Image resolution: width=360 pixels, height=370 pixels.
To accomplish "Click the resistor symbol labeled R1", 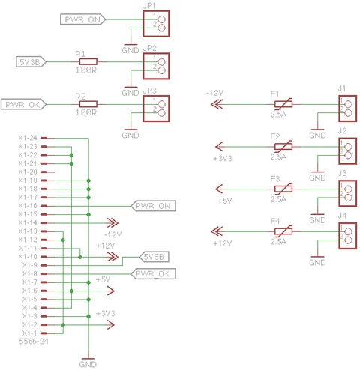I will (x=83, y=61).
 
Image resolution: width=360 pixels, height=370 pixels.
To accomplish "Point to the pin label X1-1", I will (x=29, y=333).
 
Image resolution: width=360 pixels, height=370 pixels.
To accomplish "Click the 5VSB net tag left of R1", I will (x=31, y=61).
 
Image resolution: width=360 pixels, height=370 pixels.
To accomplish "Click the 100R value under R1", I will (x=85, y=70).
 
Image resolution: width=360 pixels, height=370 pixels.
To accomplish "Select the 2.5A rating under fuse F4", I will (x=279, y=242).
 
